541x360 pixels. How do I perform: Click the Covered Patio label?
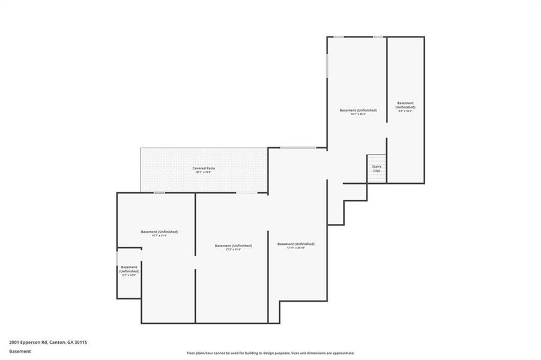click(x=204, y=168)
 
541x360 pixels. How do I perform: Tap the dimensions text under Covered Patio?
click(x=204, y=172)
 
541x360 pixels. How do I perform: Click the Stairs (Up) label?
click(x=376, y=169)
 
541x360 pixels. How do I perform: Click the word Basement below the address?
click(x=20, y=352)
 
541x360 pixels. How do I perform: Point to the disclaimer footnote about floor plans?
click(x=270, y=353)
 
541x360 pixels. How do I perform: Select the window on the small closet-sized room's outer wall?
click(x=117, y=259)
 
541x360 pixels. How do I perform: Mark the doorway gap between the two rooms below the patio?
click(x=196, y=262)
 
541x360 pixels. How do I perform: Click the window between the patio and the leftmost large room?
click(x=159, y=193)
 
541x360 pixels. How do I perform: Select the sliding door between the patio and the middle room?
click(x=244, y=193)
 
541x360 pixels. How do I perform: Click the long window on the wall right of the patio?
click(x=298, y=148)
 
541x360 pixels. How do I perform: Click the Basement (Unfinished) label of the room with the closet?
click(x=159, y=232)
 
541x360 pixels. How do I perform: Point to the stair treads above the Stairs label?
click(x=376, y=160)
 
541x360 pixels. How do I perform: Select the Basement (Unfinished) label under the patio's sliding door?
click(x=233, y=245)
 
